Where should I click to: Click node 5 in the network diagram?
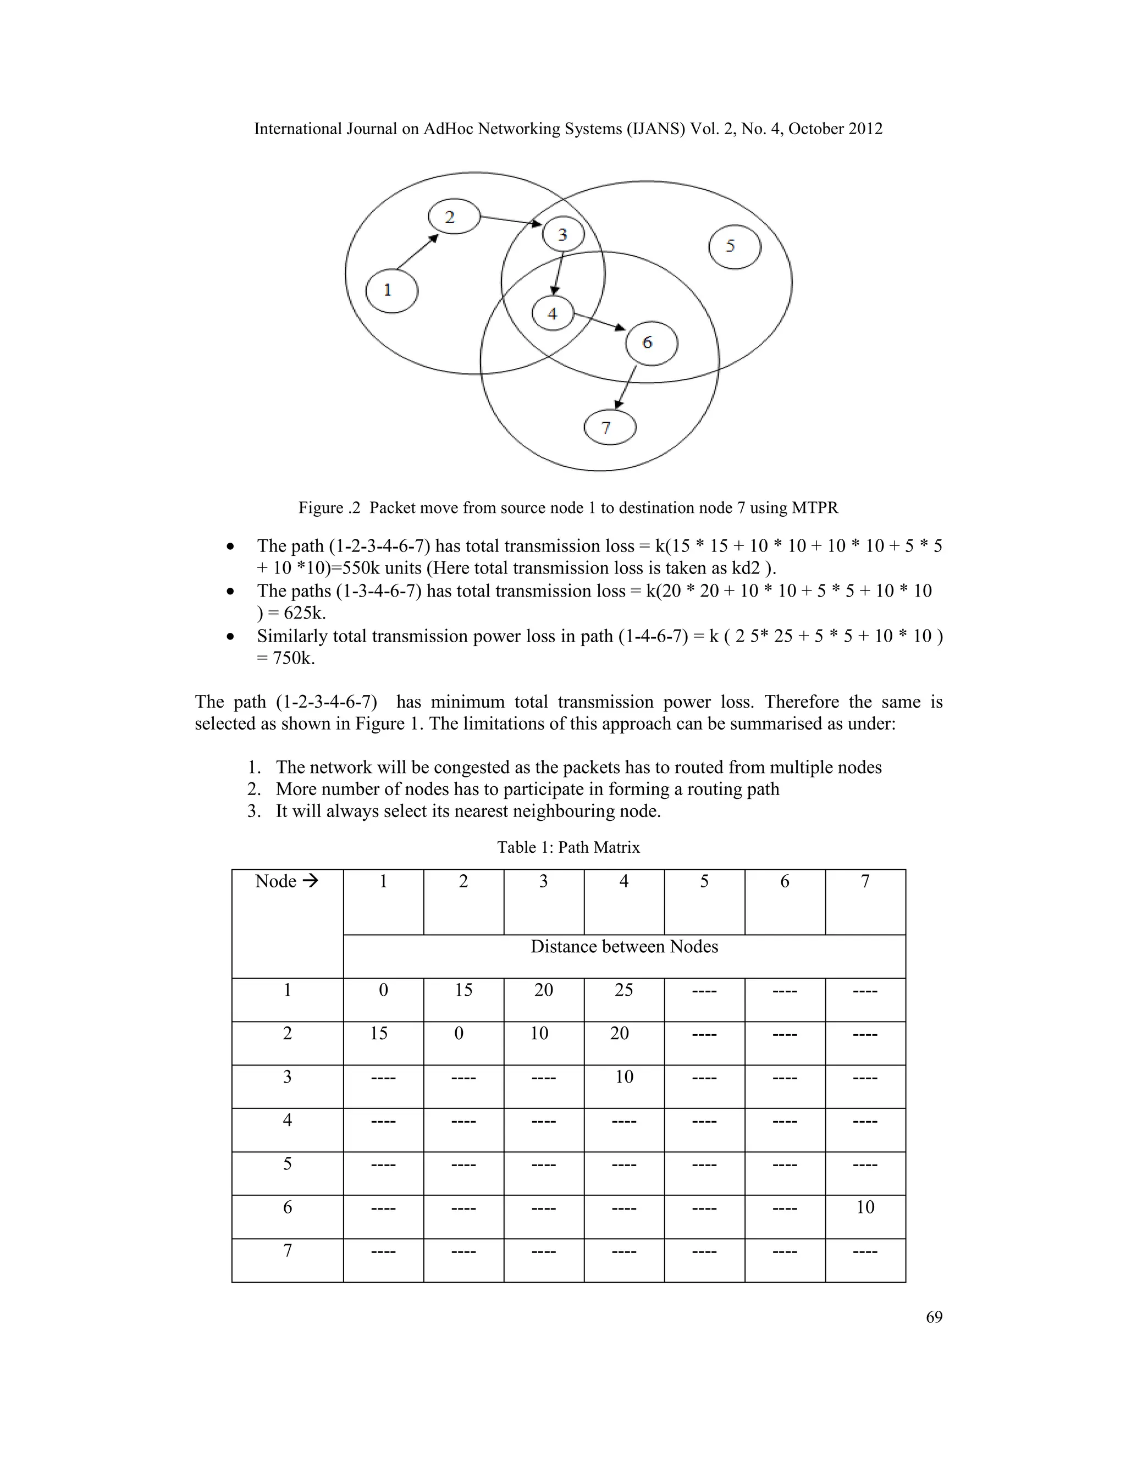734,247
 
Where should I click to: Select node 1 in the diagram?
391,291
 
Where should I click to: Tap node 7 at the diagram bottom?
609,428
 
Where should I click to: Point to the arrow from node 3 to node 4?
559,273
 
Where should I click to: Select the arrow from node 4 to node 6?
599,322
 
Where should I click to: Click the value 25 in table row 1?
623,990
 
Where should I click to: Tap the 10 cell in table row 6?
865,1207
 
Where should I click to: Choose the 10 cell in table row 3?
623,1077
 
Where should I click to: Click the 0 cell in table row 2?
459,1034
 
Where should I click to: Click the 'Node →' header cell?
287,881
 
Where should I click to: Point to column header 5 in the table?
704,881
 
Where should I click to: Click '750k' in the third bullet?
294,659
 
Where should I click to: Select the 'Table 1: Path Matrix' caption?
568,847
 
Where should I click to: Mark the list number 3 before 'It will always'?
253,811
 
